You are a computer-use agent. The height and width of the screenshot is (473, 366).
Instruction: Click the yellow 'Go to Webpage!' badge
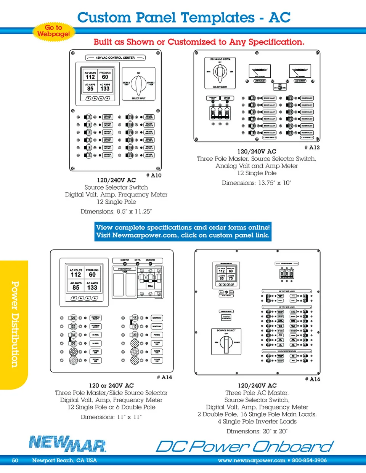[x=53, y=30]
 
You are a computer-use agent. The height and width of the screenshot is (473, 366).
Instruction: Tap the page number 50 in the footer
[x=15, y=460]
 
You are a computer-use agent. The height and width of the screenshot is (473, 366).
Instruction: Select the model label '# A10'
[x=154, y=176]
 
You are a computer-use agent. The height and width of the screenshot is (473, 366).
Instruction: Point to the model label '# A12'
[x=312, y=147]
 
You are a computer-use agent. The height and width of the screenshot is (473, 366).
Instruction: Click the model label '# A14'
[x=164, y=377]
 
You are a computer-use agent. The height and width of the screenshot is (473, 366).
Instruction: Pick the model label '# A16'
[x=313, y=379]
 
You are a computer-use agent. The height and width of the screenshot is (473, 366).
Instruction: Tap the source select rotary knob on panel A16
[x=226, y=343]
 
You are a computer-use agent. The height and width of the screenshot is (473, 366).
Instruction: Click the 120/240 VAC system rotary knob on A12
[x=220, y=72]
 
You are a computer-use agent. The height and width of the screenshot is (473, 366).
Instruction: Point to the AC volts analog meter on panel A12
[x=260, y=71]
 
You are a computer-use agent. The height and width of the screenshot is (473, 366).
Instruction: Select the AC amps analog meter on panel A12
[x=300, y=71]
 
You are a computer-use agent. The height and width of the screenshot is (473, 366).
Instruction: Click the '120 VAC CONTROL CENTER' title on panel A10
[x=115, y=58]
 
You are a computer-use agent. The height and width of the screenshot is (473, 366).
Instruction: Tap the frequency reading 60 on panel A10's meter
[x=105, y=77]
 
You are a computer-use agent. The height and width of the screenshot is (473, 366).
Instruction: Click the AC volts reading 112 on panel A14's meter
[x=76, y=275]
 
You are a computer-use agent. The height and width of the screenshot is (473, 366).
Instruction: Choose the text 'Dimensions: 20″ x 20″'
[x=257, y=431]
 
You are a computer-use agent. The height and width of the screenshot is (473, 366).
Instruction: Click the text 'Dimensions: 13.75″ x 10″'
[x=256, y=183]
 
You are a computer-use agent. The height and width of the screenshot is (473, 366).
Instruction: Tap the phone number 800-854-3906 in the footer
[x=309, y=460]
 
